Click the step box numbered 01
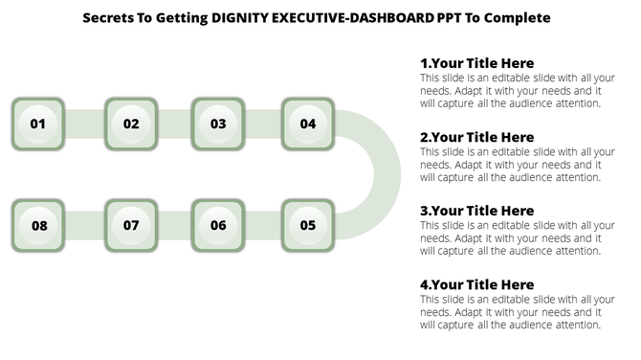[x=38, y=124]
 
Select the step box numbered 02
[x=131, y=124]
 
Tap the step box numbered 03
[x=218, y=124]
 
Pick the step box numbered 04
[x=307, y=124]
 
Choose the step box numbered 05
[x=307, y=226]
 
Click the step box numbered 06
[x=218, y=226]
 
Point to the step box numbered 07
[x=131, y=226]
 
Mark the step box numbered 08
[x=38, y=226]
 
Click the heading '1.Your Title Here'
[x=476, y=64]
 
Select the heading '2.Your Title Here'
[x=476, y=138]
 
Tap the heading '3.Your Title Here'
[x=476, y=211]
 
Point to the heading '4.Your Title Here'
[x=476, y=284]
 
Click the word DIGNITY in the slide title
[x=233, y=18]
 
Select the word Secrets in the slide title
[x=108, y=18]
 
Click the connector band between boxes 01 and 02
[x=84, y=124]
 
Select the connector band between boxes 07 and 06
[x=175, y=226]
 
